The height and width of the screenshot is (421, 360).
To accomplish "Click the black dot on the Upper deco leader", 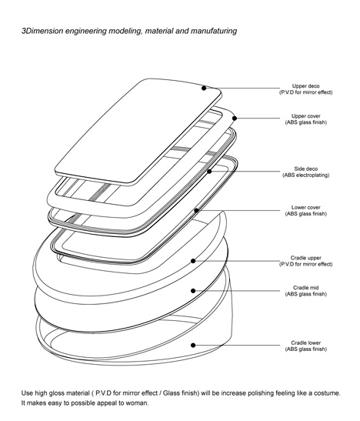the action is [204, 88].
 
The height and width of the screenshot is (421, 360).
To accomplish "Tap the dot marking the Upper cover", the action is [235, 118].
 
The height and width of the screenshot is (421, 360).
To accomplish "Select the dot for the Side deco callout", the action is [209, 172].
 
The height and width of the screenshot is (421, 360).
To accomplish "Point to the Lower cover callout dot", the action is [196, 211].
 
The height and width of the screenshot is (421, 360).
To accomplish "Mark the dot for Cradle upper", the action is [193, 261].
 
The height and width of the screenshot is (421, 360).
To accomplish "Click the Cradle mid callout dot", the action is [193, 291].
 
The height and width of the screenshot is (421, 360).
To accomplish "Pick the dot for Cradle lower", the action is [193, 346].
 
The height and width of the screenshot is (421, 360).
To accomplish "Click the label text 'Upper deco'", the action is [306, 86].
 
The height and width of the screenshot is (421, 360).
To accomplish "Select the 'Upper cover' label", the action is [306, 116].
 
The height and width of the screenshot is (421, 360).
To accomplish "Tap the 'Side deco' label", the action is [306, 169].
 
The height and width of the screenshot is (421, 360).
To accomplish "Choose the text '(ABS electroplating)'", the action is [306, 175].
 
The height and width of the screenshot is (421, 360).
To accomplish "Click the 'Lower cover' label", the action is [306, 208].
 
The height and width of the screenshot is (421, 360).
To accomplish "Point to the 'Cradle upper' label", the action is [306, 258].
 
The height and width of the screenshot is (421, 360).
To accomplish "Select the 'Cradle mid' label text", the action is [306, 288].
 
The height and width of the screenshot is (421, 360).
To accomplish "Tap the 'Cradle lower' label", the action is [306, 342].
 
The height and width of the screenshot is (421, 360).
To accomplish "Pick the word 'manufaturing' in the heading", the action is [214, 31].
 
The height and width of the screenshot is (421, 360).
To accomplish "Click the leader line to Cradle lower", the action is [238, 346].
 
